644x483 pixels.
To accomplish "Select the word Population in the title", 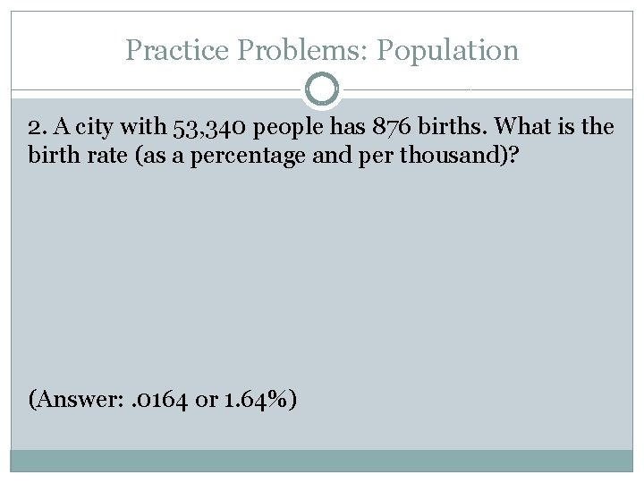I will coord(447,50).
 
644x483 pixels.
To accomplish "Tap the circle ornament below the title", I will coord(322,89).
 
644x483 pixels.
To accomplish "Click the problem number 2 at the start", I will coord(35,127).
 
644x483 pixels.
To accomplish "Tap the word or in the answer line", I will coord(206,400).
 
